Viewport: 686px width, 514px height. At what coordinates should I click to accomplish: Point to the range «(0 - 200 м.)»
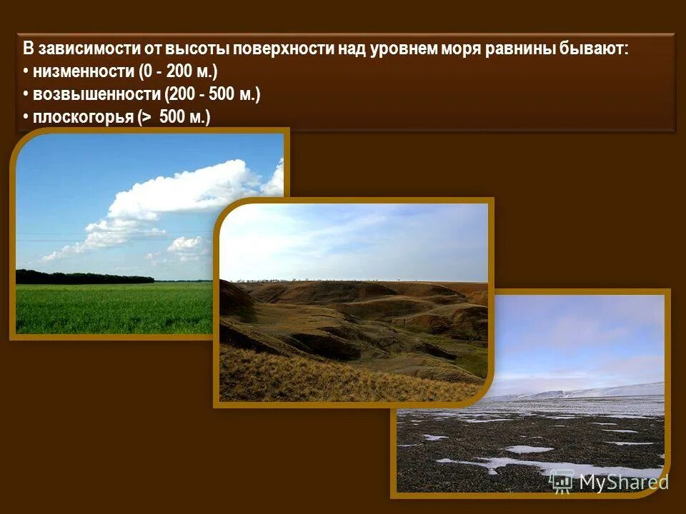[x=177, y=72]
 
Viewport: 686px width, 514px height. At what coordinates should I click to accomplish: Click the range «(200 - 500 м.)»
[x=212, y=95]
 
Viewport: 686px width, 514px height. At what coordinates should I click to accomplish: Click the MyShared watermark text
[x=623, y=483]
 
